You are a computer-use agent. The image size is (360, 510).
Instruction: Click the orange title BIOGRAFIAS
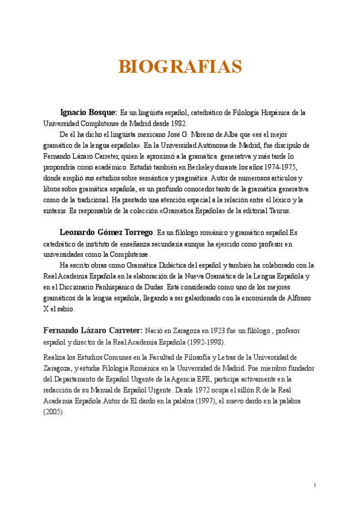point(180,67)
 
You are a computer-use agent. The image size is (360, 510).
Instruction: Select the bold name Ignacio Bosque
point(88,112)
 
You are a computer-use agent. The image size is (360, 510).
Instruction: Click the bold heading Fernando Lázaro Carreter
point(93,331)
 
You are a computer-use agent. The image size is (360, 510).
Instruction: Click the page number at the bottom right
point(315,485)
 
